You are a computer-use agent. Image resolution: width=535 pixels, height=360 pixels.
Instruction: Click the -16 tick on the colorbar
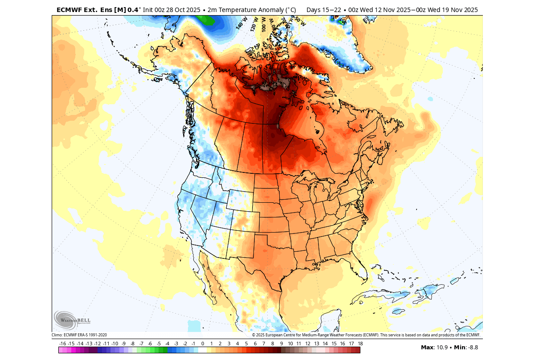coord(63,344)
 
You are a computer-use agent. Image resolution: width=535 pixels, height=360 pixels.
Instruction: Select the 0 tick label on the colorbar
coord(203,344)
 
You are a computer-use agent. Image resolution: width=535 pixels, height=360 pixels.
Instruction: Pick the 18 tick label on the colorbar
coord(360,344)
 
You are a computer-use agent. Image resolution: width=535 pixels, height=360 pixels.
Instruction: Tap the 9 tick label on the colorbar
coord(282,344)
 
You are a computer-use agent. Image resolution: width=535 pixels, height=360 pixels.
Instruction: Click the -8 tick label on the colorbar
coord(132,344)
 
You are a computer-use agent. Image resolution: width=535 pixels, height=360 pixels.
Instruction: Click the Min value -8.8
coord(472,348)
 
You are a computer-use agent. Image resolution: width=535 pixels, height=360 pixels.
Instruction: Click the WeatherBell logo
coord(72,320)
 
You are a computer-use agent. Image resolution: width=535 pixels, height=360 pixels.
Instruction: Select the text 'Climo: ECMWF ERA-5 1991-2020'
coord(79,335)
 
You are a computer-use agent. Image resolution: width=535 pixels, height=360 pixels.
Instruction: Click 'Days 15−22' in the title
coord(322,10)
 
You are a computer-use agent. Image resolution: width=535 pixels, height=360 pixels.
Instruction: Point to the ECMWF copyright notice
coord(366,335)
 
